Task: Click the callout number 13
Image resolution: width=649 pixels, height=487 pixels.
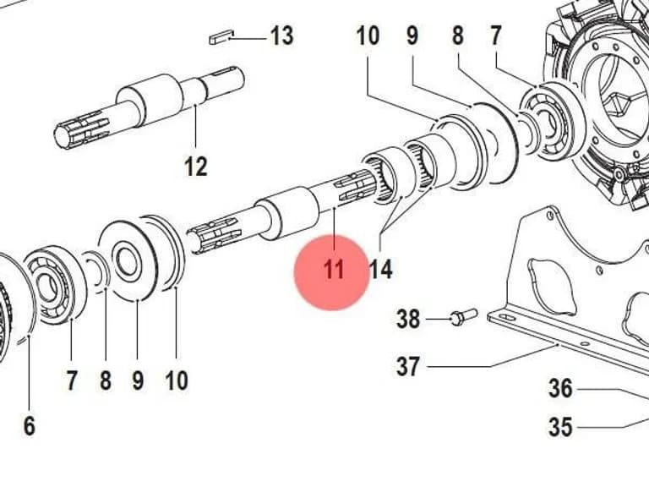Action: coord(282,36)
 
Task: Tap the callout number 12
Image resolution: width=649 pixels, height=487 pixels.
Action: coord(195,167)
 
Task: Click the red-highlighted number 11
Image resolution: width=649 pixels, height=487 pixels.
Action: coord(334,270)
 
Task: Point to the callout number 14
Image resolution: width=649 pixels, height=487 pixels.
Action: coord(380,270)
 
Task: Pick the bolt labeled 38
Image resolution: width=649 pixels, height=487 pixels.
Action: coord(464,317)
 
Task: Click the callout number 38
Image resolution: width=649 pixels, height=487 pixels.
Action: coord(408,320)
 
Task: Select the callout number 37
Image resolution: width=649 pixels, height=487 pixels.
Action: coord(408,366)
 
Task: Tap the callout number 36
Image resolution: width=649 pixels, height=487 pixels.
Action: coord(560,389)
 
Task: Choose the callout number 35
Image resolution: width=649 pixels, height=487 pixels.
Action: coord(560,426)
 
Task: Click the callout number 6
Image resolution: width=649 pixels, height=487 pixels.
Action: coord(29,426)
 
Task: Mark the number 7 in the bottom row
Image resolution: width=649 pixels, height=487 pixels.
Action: coord(72,380)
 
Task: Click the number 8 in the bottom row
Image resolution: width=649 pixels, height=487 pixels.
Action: coord(106,380)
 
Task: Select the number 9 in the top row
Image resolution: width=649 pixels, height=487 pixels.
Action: coord(412,36)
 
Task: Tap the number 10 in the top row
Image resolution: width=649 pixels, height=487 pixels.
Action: coord(368,36)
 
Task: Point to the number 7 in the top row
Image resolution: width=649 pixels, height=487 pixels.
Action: coord(496,36)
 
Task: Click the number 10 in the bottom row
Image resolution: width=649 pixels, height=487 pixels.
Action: coord(177,380)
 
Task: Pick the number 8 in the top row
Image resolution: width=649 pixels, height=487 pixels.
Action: coord(457,36)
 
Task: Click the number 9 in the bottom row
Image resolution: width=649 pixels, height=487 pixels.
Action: coord(138,380)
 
